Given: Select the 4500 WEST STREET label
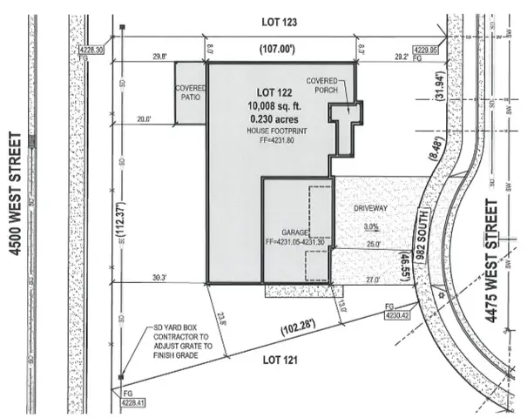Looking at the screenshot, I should tap(15, 192).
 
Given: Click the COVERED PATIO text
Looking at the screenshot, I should tap(190, 93).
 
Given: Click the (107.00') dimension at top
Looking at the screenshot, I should tap(280, 49).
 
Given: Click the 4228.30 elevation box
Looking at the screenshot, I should tap(91, 51).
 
